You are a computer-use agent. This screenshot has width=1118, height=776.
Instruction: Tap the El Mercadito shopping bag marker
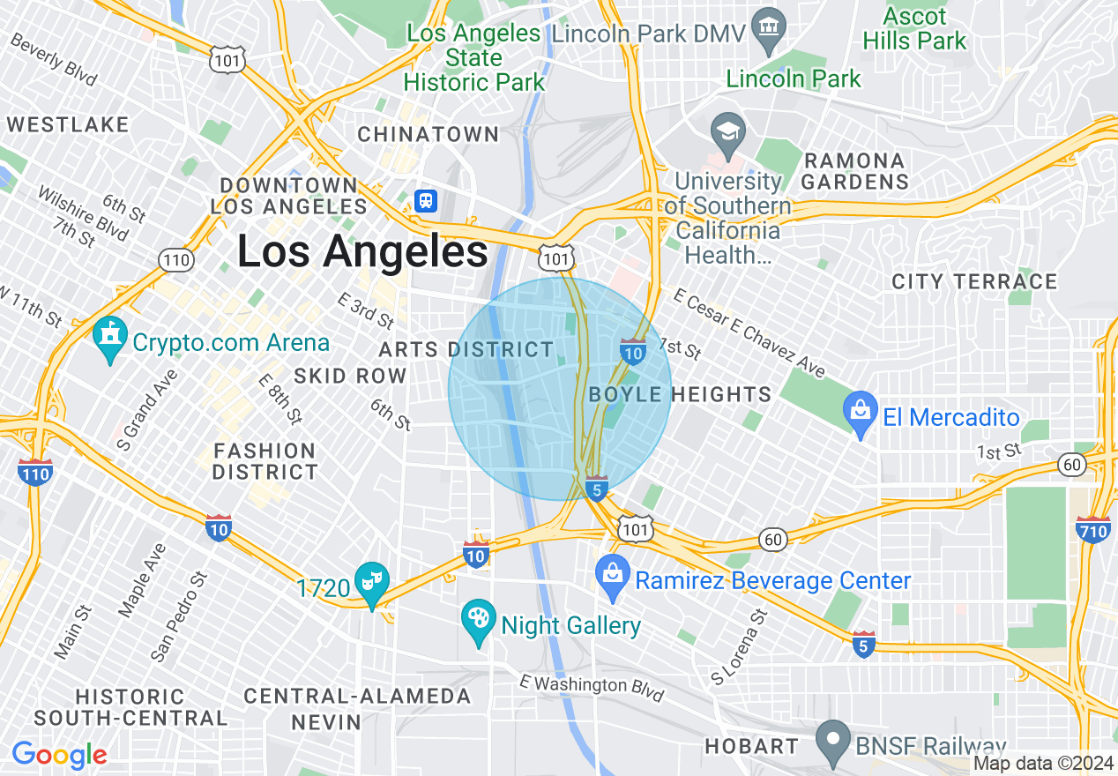pos(859,415)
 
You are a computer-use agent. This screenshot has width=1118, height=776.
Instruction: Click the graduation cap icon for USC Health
pos(728,134)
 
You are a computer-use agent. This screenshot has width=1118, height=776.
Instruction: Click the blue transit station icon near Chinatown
pos(426,200)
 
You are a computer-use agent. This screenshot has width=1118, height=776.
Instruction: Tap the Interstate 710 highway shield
pos(1093,530)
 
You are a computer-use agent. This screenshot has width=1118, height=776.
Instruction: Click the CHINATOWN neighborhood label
pos(428,135)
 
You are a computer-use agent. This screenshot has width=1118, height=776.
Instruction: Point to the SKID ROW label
pos(350,377)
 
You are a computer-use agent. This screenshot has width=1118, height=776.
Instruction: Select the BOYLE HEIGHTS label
pos(680,394)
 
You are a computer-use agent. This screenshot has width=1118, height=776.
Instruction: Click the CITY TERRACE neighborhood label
pos(973,282)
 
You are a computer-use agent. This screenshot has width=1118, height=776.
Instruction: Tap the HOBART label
pos(751,747)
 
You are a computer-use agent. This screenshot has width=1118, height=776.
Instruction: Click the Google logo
pos(59,755)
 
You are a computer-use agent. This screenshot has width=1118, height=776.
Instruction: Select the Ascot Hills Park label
pos(914,29)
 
